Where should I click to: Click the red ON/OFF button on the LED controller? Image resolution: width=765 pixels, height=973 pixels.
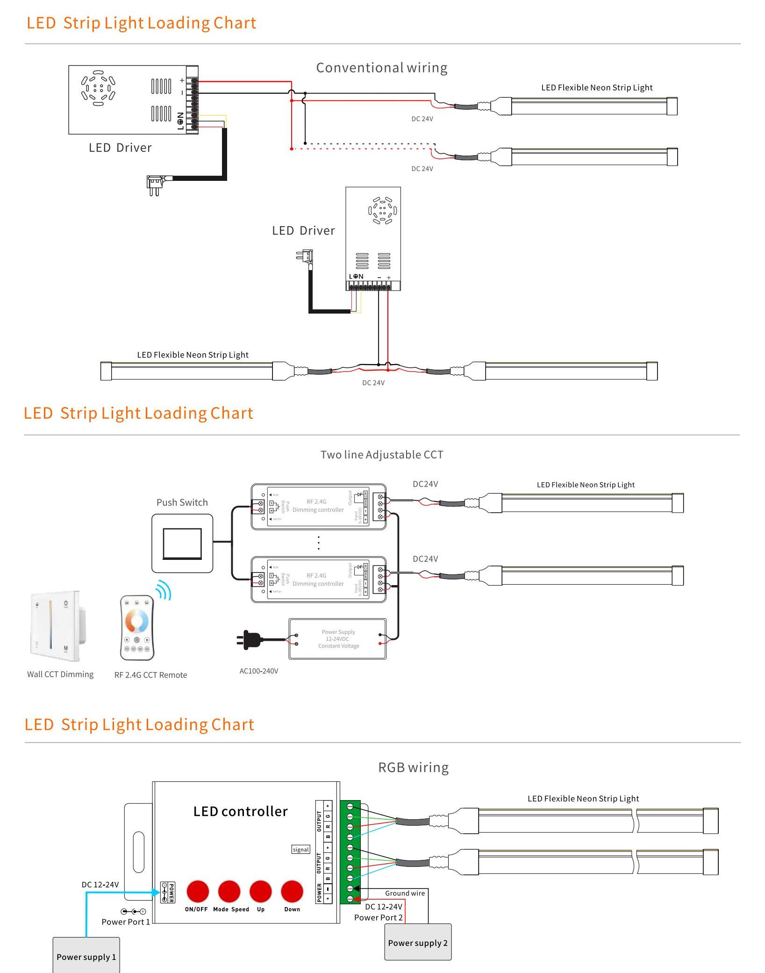point(198,892)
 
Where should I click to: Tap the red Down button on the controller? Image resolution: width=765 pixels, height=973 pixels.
point(292,892)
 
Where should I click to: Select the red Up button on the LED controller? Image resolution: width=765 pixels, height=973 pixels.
point(261,892)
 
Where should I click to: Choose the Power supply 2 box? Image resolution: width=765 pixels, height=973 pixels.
point(418,943)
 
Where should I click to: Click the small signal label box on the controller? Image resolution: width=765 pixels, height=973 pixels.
point(301,850)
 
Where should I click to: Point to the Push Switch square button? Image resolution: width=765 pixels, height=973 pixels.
point(182,544)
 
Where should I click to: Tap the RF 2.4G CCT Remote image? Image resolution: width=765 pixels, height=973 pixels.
point(137,628)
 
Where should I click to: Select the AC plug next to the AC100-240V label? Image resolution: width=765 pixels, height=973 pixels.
point(249,639)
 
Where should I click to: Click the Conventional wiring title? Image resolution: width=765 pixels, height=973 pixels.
point(382,68)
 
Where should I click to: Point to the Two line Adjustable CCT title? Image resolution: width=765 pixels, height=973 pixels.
point(382,455)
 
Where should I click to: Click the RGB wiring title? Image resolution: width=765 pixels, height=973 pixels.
point(413,768)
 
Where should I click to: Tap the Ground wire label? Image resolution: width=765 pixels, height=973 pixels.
point(405,893)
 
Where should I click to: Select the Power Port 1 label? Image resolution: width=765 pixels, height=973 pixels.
point(126,922)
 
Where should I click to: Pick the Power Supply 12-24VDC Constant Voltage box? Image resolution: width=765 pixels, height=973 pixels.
point(338,639)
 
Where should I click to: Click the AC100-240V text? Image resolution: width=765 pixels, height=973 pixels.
point(259,671)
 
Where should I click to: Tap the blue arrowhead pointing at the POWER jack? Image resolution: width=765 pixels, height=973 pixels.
point(156,892)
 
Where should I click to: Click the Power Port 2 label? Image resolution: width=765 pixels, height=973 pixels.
point(378,917)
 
